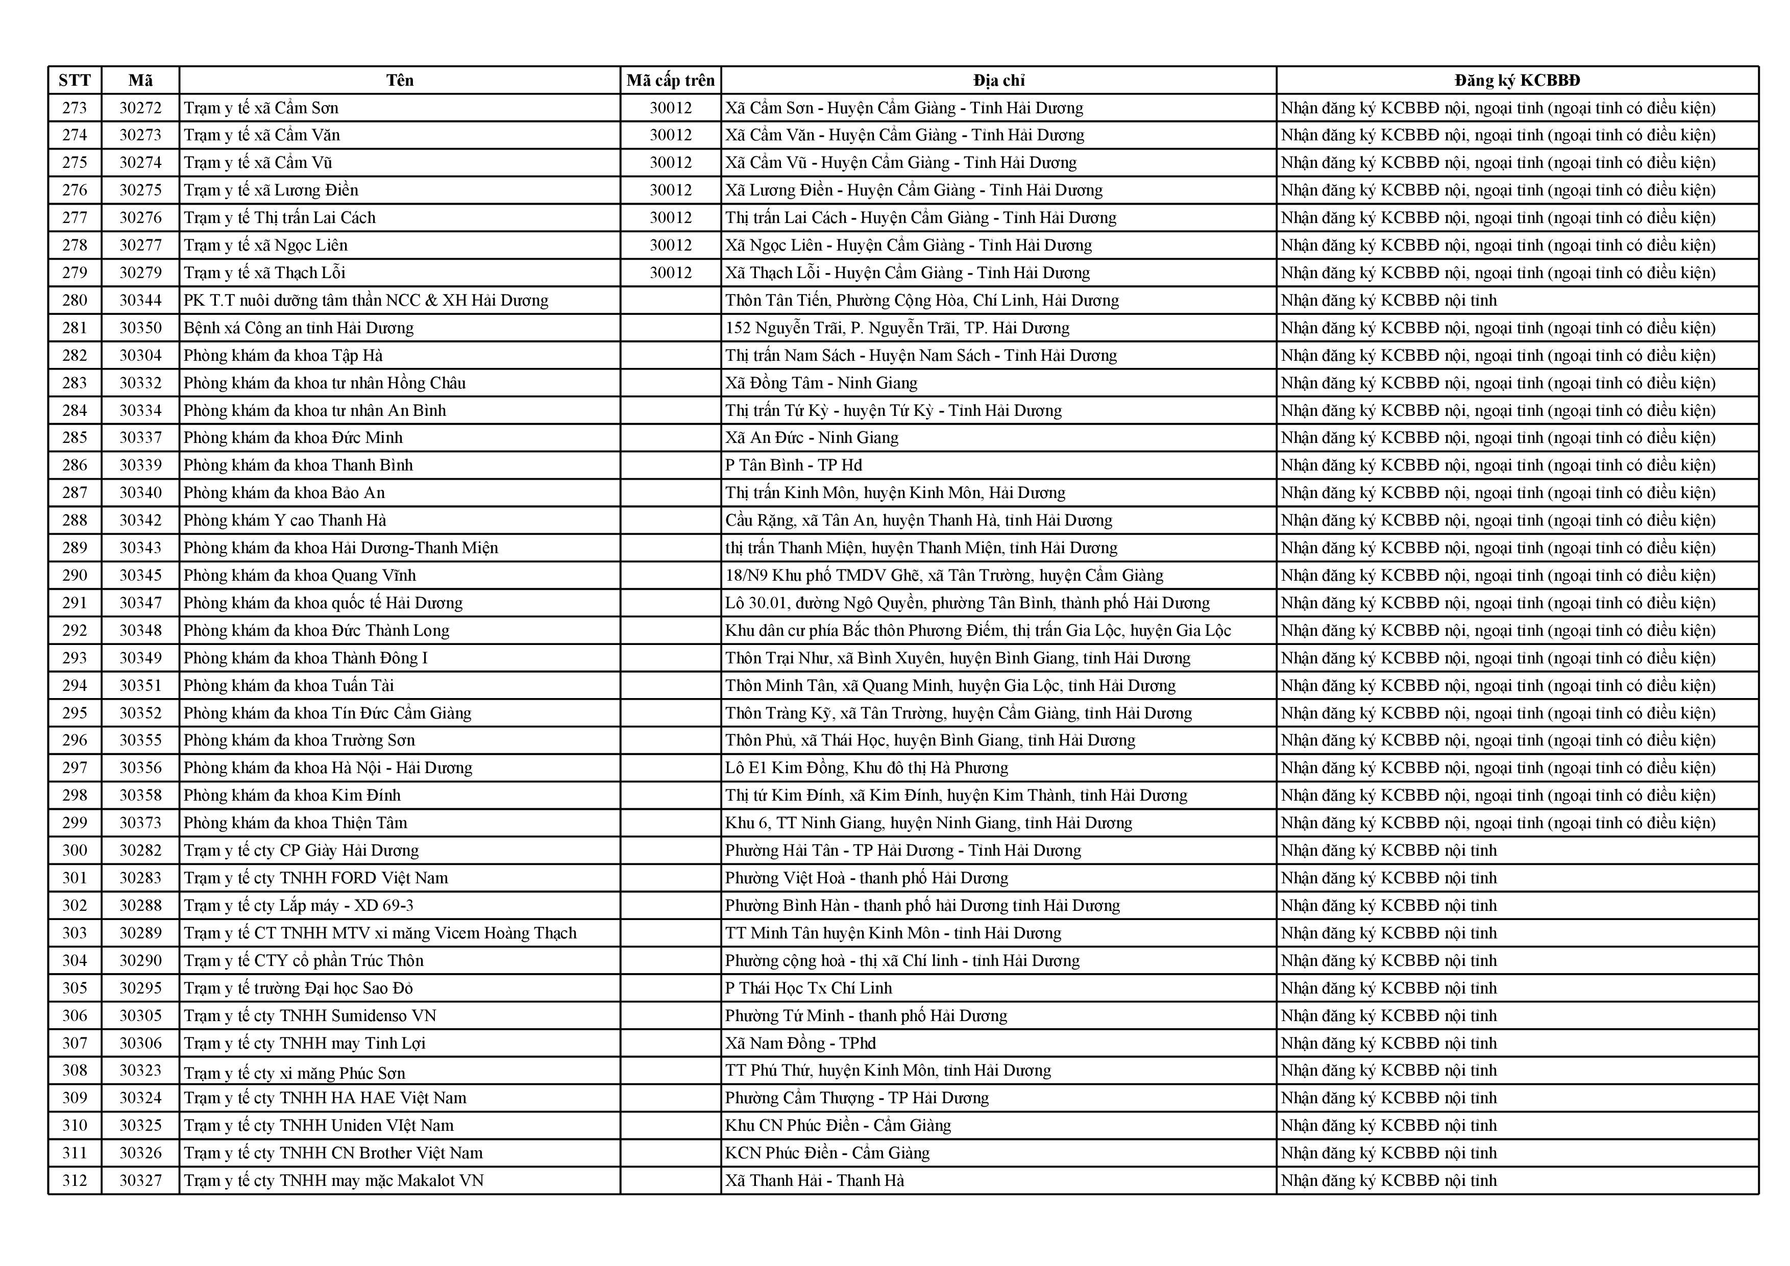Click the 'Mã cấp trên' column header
671,80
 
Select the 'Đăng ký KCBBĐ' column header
1516,80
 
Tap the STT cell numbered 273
75,108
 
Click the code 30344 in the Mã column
140,300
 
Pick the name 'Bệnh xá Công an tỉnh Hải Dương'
299,328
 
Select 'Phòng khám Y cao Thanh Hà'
285,520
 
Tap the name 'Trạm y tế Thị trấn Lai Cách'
279,217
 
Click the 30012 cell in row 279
671,273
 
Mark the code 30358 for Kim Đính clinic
140,795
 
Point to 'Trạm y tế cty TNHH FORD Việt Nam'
316,878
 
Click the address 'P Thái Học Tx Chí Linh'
808,988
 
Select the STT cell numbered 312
75,1180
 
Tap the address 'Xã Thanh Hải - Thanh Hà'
815,1180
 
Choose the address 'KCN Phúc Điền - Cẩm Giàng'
827,1153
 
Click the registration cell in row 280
1388,300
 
